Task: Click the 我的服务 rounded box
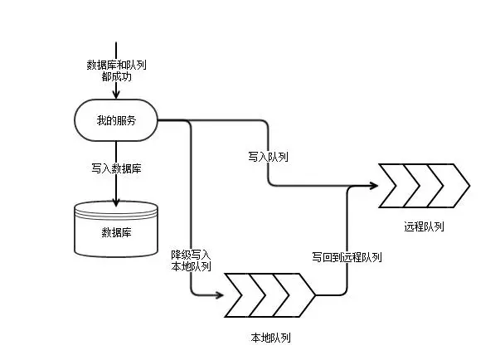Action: [x=116, y=121]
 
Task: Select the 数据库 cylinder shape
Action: [x=116, y=228]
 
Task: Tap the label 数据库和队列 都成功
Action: [x=116, y=70]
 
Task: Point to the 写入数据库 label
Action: [x=116, y=168]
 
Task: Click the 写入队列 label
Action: [x=268, y=156]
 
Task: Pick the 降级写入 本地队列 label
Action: [x=191, y=260]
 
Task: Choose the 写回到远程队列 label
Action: [x=347, y=257]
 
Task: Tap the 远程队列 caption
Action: [x=424, y=226]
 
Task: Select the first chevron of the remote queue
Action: [x=396, y=185]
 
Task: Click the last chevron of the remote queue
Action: [x=451, y=185]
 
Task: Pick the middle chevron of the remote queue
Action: [x=423, y=185]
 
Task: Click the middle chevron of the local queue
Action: [x=270, y=294]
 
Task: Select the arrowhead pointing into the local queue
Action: [x=220, y=294]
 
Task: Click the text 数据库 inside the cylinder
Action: [x=116, y=231]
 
